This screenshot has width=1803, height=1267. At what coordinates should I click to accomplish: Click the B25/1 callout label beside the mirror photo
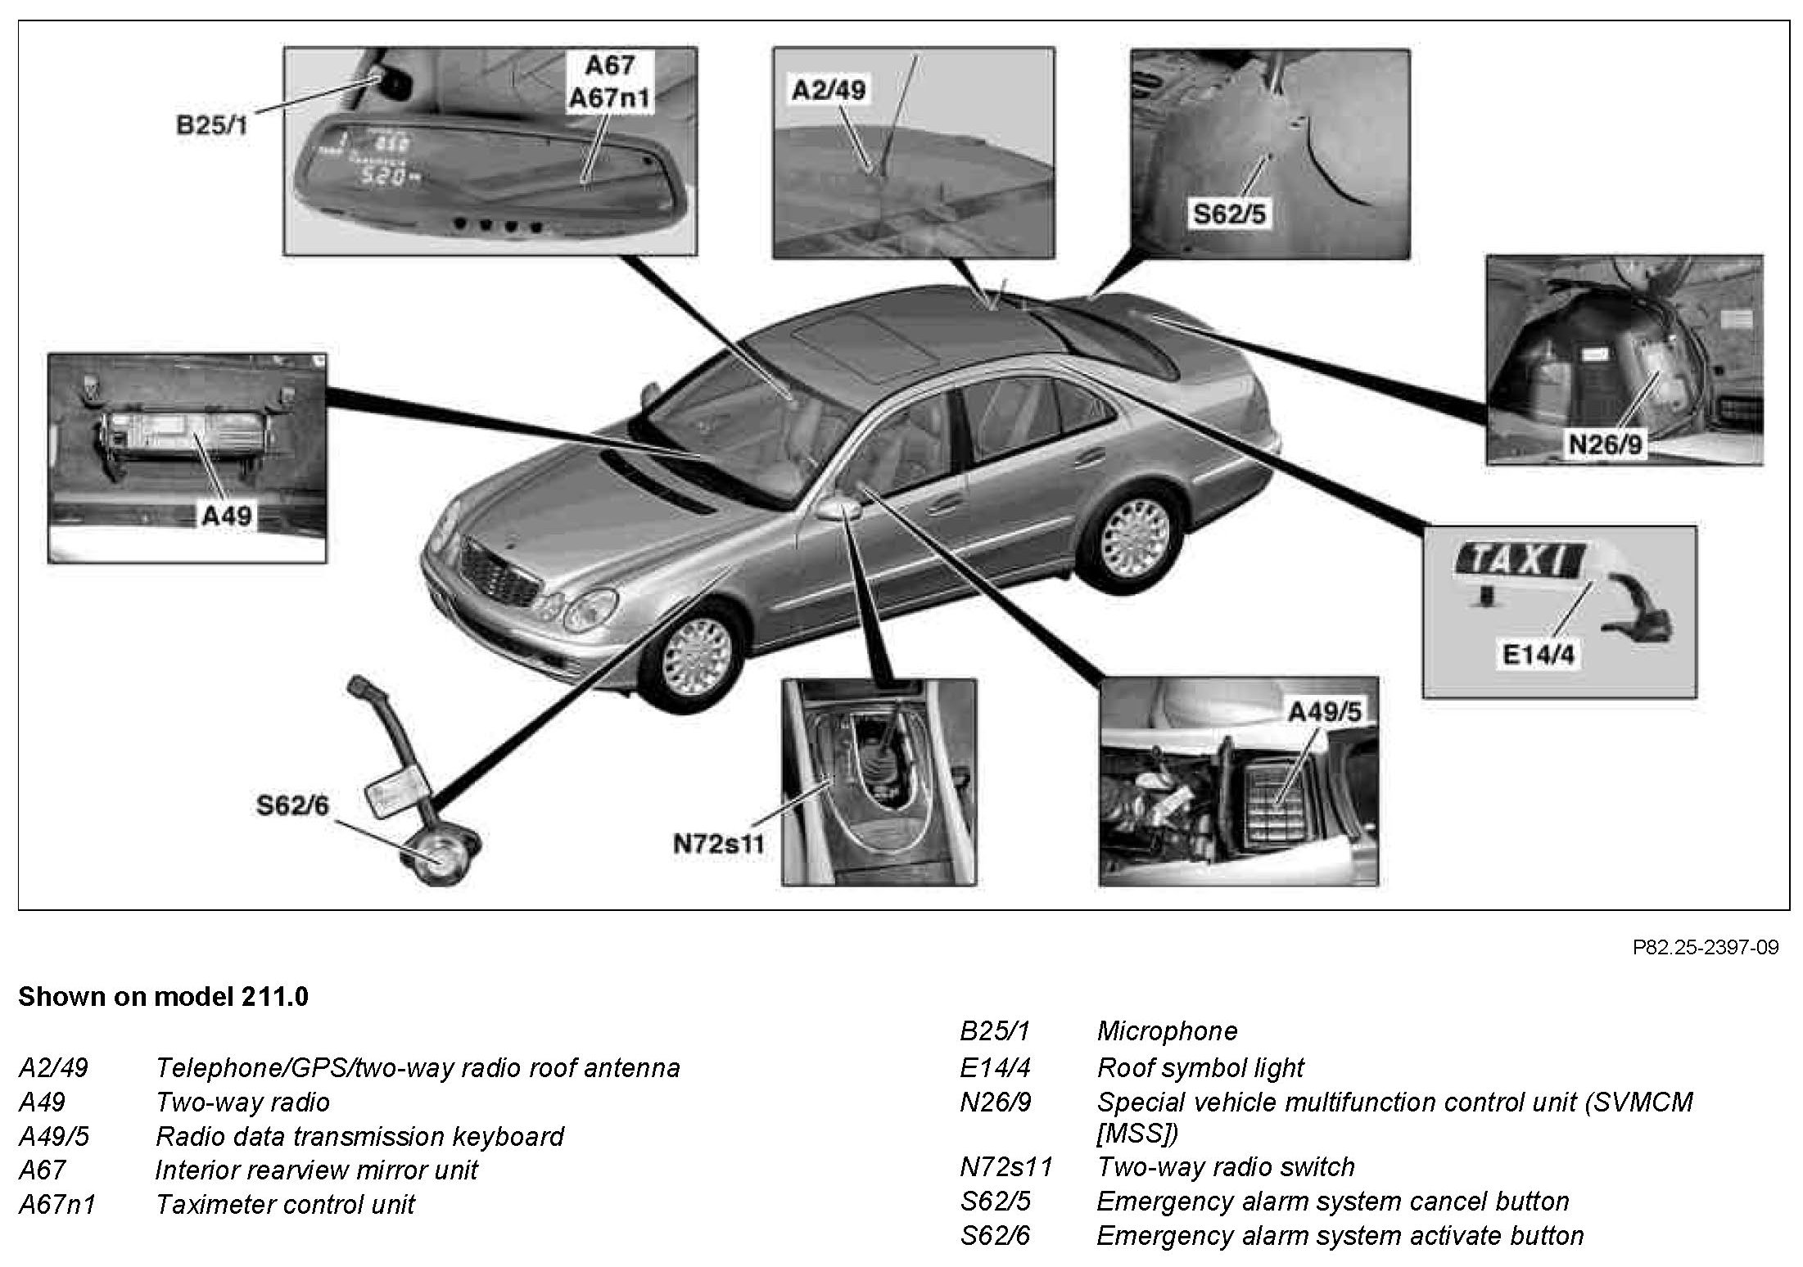(212, 126)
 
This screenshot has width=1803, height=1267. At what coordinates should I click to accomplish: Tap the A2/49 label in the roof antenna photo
(828, 89)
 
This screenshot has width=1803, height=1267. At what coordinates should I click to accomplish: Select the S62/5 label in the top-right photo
(1228, 214)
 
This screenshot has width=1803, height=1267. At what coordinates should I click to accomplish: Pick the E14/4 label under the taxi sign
(1537, 654)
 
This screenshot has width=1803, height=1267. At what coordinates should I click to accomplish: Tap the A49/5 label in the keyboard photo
(1324, 712)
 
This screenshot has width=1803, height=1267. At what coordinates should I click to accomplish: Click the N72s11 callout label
(718, 843)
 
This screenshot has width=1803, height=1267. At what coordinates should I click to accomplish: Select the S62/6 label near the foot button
(292, 806)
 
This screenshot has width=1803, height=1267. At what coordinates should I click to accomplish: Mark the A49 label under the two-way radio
(227, 515)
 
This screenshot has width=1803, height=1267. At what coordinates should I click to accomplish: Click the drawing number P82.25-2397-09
(1705, 948)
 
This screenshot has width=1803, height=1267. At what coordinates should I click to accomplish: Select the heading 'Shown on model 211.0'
(163, 997)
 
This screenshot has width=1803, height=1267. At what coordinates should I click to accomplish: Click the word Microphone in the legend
(1167, 1030)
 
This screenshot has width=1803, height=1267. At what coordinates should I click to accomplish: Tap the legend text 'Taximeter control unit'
(285, 1205)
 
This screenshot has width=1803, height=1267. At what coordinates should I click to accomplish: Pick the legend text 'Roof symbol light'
(1200, 1067)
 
